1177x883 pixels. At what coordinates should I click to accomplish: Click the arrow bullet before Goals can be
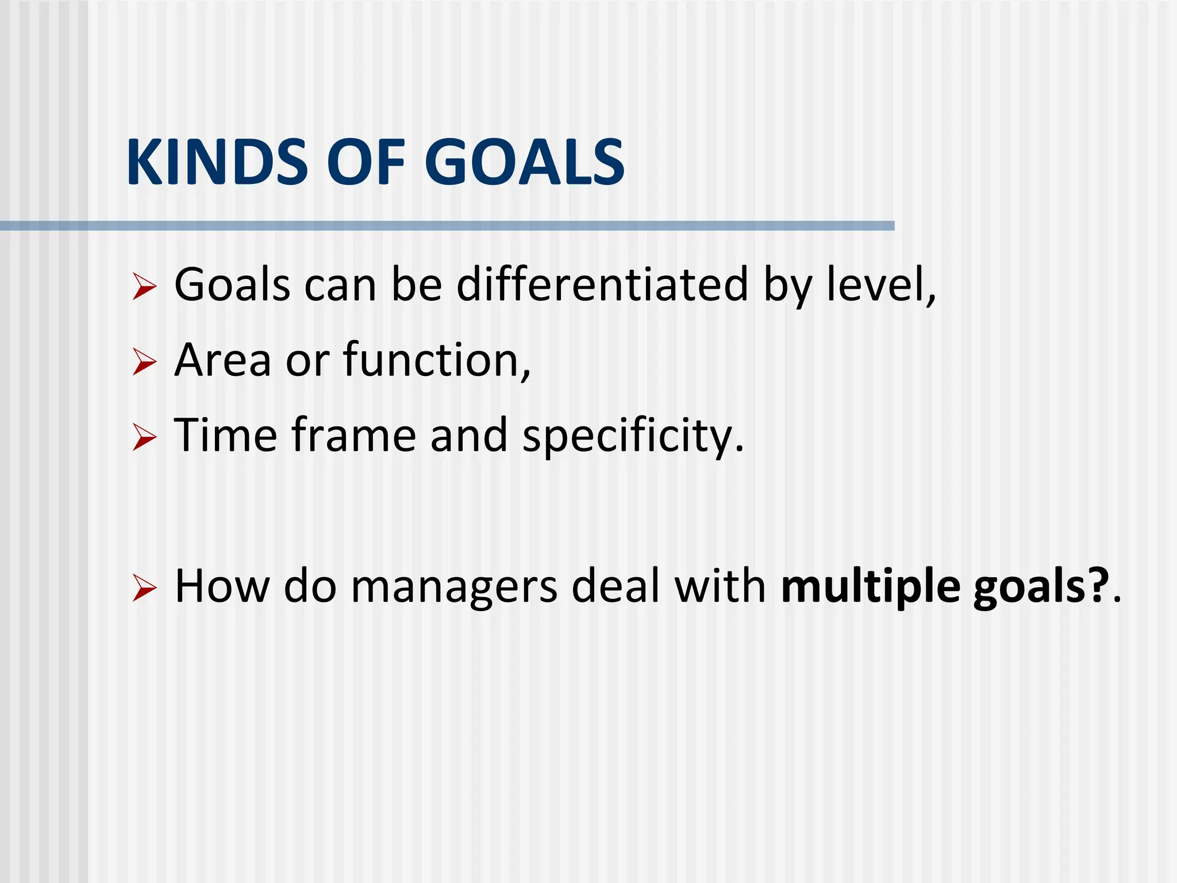144,286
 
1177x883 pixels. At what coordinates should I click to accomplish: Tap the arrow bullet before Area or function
144,362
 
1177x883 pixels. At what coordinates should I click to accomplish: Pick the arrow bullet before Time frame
144,437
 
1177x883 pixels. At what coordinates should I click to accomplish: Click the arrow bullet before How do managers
144,588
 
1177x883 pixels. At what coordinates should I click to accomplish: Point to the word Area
222,360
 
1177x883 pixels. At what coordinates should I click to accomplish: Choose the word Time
225,435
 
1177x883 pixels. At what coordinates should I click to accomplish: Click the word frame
353,435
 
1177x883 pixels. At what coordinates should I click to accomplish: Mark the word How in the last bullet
221,586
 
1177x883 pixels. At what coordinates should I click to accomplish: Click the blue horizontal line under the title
447,226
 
